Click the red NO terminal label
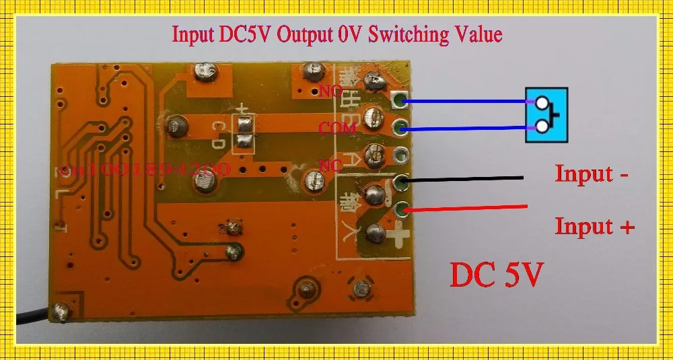tap(331, 90)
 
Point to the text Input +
tap(594, 226)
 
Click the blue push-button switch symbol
tap(546, 114)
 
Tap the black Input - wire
tap(464, 179)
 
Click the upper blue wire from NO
tap(464, 102)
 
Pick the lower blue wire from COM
tap(464, 128)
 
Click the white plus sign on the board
tap(398, 236)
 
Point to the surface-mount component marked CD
tap(242, 132)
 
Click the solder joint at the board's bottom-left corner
tap(63, 312)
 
